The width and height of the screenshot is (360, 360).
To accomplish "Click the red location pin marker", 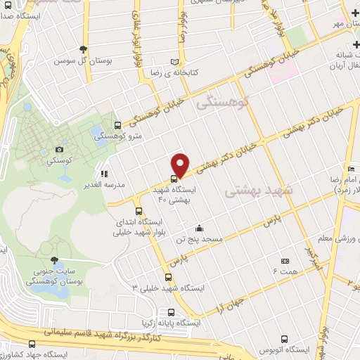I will [181, 165].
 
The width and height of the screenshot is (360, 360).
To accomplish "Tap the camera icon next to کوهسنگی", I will [59, 149].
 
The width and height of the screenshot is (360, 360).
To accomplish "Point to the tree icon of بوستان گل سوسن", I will [84, 49].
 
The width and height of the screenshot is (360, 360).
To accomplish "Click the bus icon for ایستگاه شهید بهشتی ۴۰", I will [174, 178].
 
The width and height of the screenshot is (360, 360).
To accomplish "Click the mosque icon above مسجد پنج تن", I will [200, 228].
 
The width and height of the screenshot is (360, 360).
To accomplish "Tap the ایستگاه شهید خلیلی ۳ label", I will [169, 288].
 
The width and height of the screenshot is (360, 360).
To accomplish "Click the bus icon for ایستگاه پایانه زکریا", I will [171, 312].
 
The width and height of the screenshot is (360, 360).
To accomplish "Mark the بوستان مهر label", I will [340, 25].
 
